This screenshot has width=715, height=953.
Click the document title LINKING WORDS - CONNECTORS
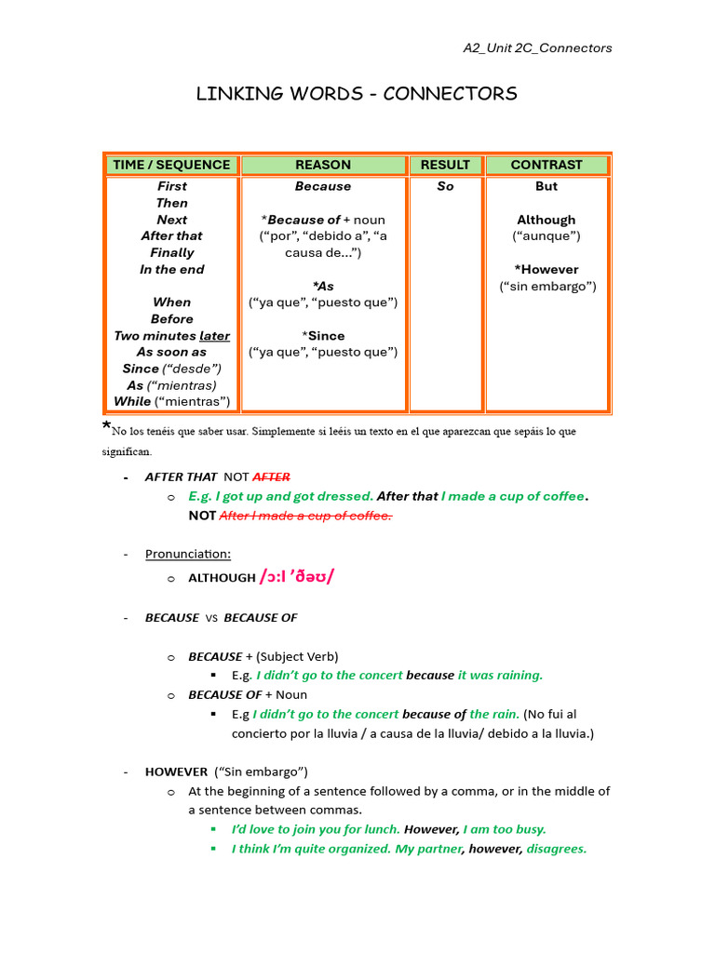357,94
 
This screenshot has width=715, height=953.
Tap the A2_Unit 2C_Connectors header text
537,48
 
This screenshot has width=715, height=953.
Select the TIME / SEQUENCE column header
171,165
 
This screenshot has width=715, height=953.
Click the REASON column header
323,165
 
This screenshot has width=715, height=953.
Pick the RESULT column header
445,165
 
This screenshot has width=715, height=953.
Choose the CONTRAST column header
546,165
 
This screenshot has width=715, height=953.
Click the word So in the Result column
445,186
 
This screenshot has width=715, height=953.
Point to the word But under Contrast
546,186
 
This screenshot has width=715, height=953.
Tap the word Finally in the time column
172,252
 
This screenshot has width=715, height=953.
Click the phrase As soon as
171,352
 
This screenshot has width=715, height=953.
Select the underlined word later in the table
214,335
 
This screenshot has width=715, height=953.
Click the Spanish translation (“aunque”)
546,236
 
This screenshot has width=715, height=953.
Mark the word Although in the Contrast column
546,220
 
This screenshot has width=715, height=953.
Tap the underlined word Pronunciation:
188,554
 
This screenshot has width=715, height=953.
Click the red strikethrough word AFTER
271,476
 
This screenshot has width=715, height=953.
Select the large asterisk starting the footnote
106,428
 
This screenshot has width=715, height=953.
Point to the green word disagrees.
556,849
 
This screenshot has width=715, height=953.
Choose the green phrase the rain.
494,714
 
